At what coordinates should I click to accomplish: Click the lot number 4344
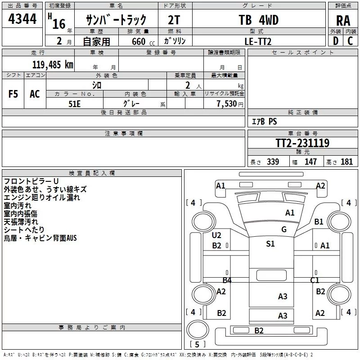point(22,20)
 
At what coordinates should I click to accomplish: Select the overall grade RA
point(343,21)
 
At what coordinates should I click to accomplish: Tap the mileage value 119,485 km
point(53,64)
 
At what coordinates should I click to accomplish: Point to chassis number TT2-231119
point(302,143)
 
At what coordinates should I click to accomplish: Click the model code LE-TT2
point(258,41)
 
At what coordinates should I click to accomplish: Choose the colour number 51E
point(75,103)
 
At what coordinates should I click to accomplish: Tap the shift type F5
point(13,94)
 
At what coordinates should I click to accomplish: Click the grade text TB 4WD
point(258,21)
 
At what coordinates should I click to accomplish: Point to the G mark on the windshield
point(284,229)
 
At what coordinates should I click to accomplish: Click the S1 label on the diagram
point(270,244)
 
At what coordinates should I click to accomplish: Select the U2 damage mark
point(216,235)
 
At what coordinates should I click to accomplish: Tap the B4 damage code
point(227,280)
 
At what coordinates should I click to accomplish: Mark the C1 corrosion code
point(315,280)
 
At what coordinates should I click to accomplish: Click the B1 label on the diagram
point(319,221)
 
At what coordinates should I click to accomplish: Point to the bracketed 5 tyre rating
point(196,344)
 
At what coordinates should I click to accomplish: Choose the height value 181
point(347,162)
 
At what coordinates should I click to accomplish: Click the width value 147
point(310,162)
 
